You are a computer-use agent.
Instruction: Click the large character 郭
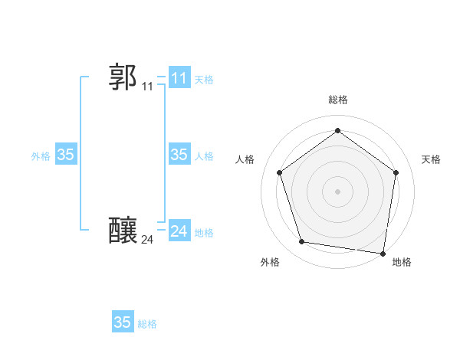pyautogui.click(x=123, y=77)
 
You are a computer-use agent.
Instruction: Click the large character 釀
pyautogui.click(x=123, y=230)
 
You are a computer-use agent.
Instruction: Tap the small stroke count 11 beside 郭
pyautogui.click(x=147, y=87)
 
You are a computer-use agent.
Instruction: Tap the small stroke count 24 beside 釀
pyautogui.click(x=147, y=240)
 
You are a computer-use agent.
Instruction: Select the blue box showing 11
pyautogui.click(x=179, y=78)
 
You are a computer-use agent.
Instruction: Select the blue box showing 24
pyautogui.click(x=179, y=231)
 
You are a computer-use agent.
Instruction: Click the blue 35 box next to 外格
pyautogui.click(x=65, y=155)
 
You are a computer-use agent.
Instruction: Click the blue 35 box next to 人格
pyautogui.click(x=179, y=155)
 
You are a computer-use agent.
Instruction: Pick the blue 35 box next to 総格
pyautogui.click(x=123, y=322)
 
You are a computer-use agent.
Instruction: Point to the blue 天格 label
pyautogui.click(x=204, y=80)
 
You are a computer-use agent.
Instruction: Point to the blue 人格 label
pyautogui.click(x=204, y=156)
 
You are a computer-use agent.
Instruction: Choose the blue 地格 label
pyautogui.click(x=204, y=233)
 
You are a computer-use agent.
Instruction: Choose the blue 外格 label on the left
pyautogui.click(x=41, y=156)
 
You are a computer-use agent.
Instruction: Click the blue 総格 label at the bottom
pyautogui.click(x=147, y=324)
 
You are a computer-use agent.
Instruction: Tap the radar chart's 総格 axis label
pyautogui.click(x=337, y=100)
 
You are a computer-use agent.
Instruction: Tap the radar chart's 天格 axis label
pyautogui.click(x=431, y=159)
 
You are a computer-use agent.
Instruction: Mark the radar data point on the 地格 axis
pyautogui.click(x=383, y=253)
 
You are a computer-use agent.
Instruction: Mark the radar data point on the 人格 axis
pyautogui.click(x=279, y=172)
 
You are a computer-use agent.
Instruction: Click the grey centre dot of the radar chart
pyautogui.click(x=337, y=191)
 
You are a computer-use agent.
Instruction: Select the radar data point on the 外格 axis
pyautogui.click(x=302, y=242)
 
